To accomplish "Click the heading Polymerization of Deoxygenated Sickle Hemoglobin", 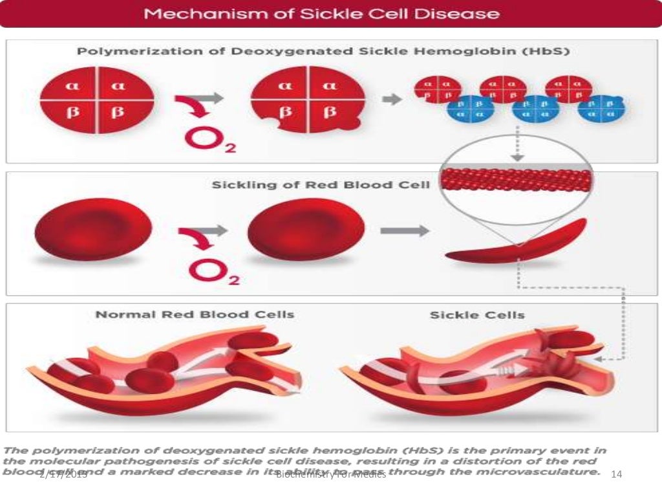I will tap(323, 52).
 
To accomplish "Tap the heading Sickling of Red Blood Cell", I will tap(321, 185).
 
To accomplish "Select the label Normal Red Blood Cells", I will tap(195, 315).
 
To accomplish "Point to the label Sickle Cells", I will tap(477, 315).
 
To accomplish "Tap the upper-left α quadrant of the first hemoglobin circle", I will tap(69, 86).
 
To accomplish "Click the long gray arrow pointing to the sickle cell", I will tap(405, 230).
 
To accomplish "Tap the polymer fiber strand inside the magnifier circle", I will tap(515, 179).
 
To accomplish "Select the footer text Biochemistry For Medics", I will tap(331, 476).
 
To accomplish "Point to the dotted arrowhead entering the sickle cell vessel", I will tap(601, 358).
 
